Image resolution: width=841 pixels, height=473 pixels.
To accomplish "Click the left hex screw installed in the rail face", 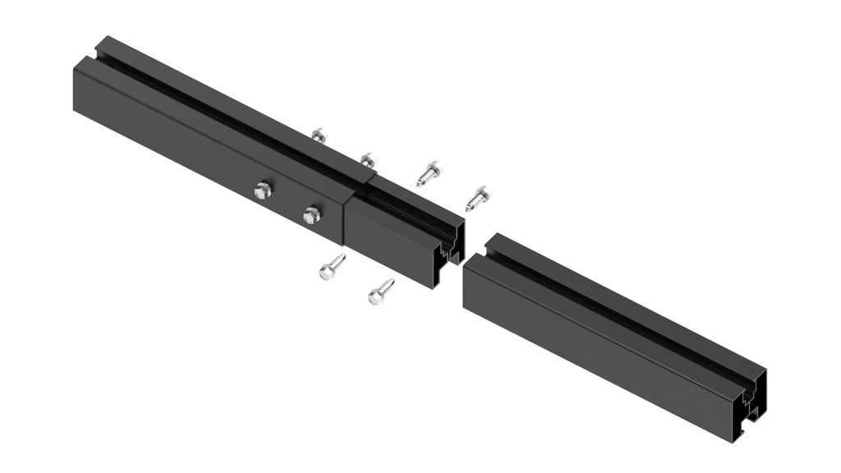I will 262,191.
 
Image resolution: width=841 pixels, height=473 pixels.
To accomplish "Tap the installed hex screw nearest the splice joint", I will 311,215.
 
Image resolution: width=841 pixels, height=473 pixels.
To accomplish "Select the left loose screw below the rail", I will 332,268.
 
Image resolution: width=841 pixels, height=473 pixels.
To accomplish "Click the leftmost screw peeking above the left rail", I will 319,135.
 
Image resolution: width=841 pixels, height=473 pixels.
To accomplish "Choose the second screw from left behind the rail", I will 367,160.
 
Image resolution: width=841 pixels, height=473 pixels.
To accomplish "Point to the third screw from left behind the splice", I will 429,173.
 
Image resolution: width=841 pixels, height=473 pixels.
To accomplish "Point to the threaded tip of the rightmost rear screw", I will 469,208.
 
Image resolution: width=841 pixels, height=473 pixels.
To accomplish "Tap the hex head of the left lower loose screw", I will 326,273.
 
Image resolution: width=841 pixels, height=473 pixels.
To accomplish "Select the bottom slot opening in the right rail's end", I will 747,425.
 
